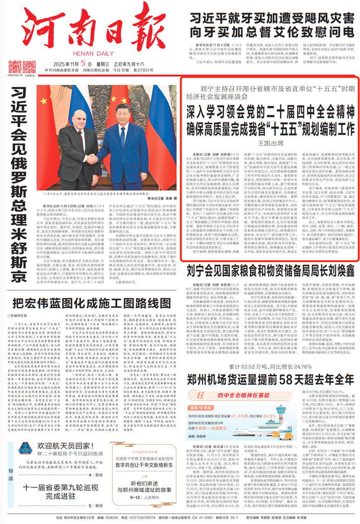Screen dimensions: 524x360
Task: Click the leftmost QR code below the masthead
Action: [15, 66]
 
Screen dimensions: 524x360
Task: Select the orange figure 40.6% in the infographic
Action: [270, 416]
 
